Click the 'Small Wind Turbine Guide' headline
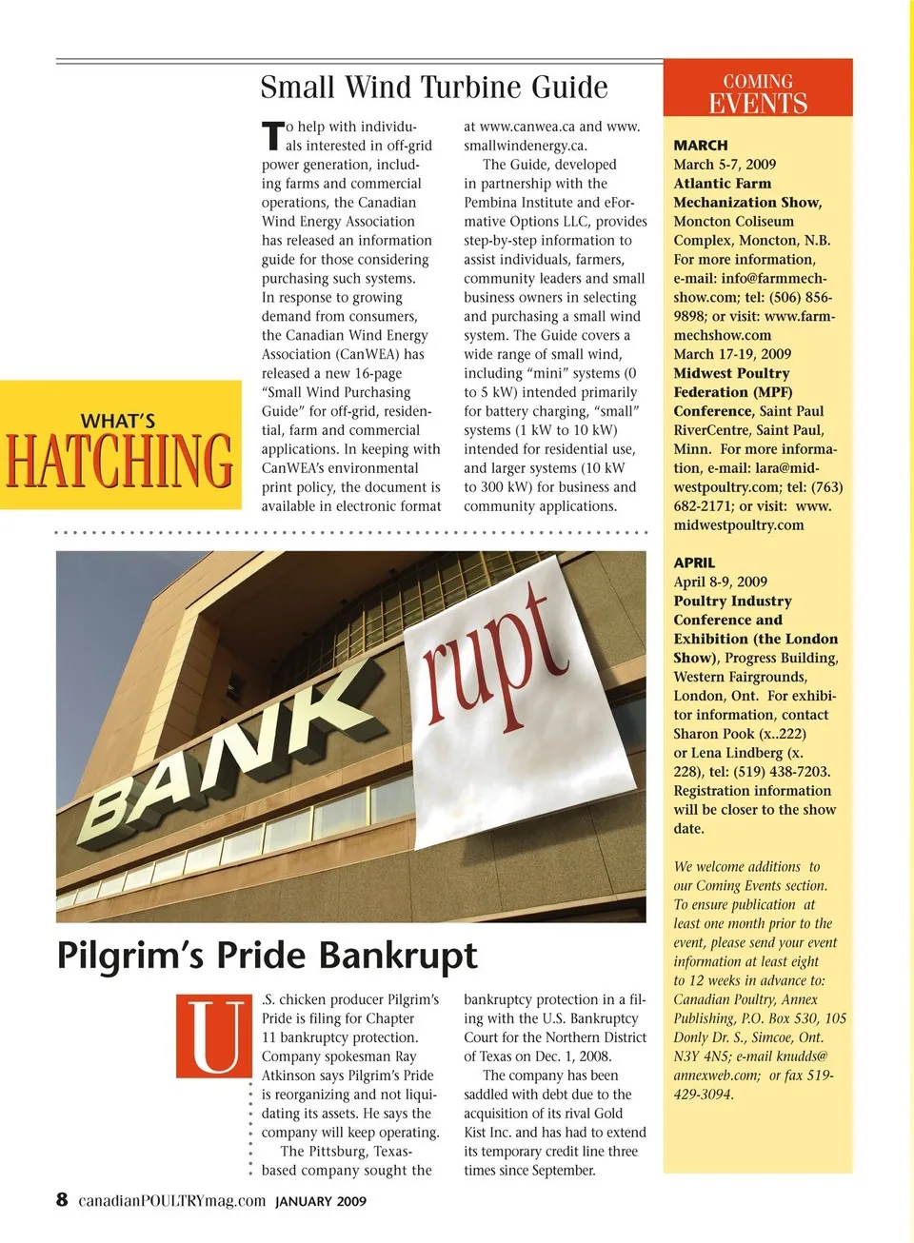click(x=434, y=88)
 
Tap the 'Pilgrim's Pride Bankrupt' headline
click(x=267, y=955)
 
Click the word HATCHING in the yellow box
click(x=119, y=461)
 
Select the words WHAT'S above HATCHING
click(x=118, y=421)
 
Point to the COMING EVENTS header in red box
click(x=758, y=93)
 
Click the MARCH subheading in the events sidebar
click(x=701, y=146)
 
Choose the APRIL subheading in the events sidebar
click(x=694, y=562)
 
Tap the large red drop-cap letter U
click(x=209, y=1036)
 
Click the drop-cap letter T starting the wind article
click(x=272, y=135)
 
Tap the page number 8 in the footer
click(x=62, y=1199)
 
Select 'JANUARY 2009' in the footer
click(x=321, y=1201)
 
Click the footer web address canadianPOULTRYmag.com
click(x=171, y=1200)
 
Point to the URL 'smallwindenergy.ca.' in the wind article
click(x=526, y=146)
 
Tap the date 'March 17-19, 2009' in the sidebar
click(x=732, y=354)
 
